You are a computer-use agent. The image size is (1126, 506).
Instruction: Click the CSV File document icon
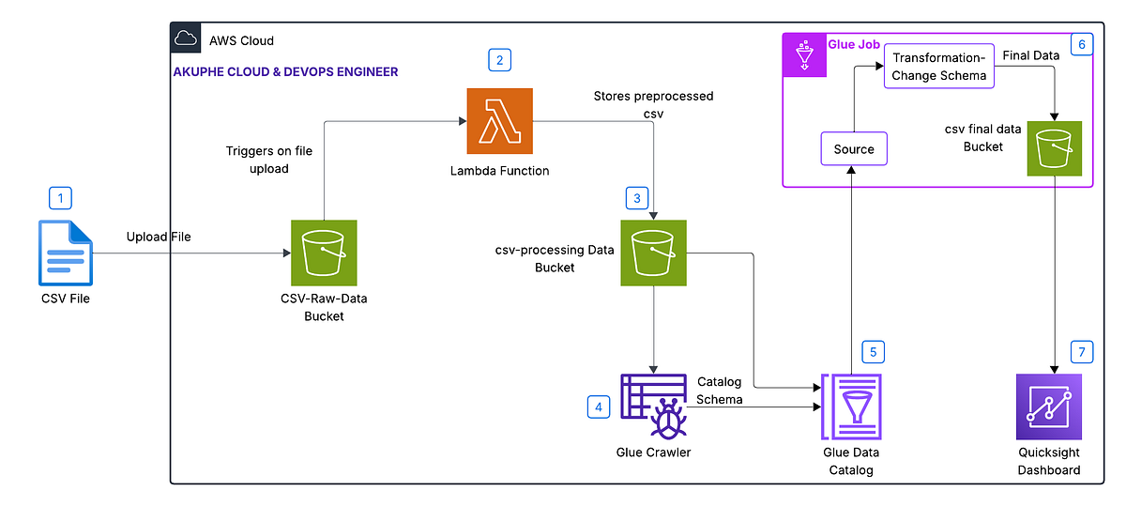point(65,252)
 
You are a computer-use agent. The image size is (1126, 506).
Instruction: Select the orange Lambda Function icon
point(499,121)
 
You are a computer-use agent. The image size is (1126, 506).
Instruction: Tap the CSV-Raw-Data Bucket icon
point(324,253)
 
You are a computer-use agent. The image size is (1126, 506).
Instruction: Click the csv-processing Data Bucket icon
point(654,253)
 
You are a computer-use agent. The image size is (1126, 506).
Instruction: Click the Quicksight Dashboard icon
point(1048,406)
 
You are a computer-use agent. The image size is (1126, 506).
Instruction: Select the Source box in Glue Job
point(854,149)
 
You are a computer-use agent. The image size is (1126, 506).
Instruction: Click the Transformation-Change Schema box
point(939,67)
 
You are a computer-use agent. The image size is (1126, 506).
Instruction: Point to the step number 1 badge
point(61,198)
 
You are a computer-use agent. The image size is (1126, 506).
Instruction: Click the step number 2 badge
point(499,61)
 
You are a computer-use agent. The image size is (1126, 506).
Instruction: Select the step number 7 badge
point(1082,352)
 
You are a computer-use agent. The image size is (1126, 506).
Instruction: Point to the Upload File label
point(159,237)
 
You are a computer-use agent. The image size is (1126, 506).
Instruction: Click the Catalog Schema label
point(720,391)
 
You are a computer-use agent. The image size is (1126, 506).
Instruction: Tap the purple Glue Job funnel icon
point(805,55)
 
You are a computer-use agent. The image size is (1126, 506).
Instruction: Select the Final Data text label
point(1031,55)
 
